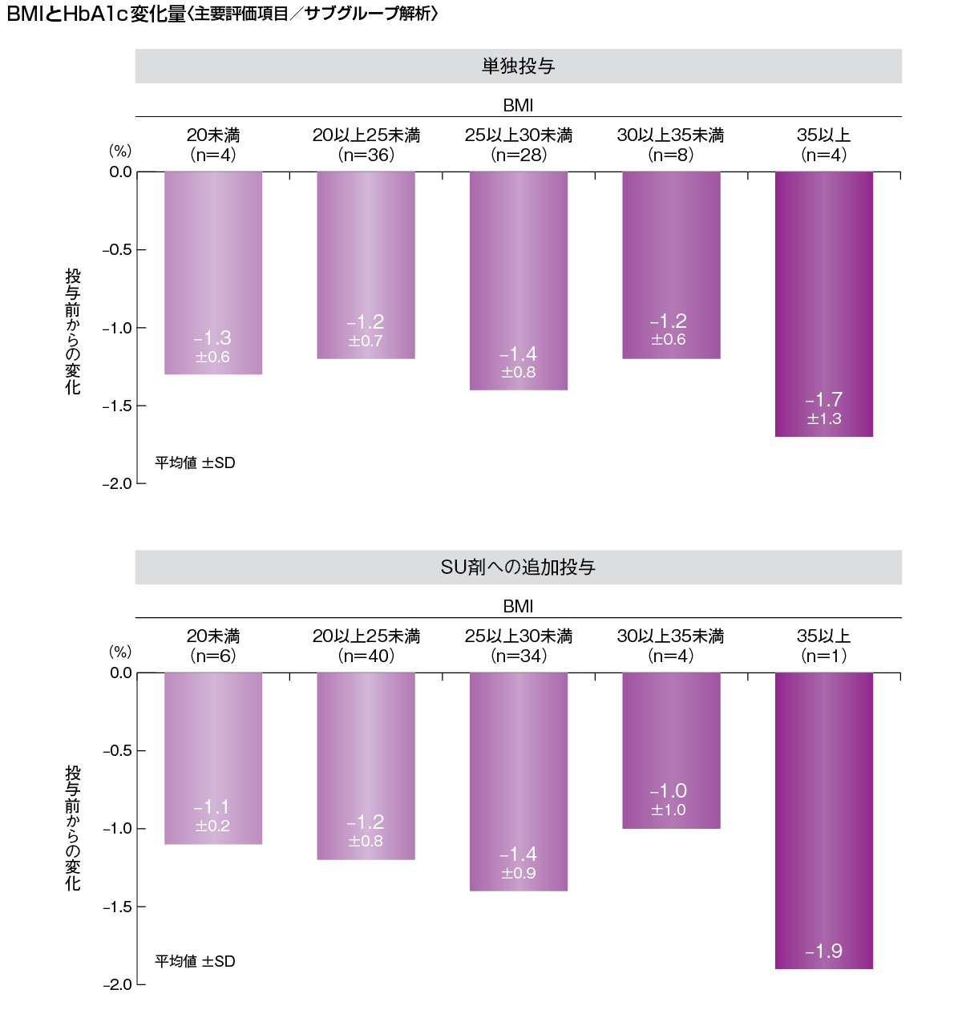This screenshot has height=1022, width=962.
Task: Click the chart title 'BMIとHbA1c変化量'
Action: click(x=96, y=14)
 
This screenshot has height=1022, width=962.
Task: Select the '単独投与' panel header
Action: click(x=518, y=67)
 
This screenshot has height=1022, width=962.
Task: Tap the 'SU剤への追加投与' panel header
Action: click(x=518, y=568)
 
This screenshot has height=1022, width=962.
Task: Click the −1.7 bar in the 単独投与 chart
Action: click(x=824, y=305)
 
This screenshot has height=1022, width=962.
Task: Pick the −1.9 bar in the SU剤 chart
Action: click(x=824, y=818)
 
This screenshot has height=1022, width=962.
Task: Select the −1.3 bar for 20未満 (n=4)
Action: click(x=213, y=273)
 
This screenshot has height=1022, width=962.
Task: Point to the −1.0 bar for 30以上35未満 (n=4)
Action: click(x=671, y=749)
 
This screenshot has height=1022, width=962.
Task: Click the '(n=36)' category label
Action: click(x=366, y=156)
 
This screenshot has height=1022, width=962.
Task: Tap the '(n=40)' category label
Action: click(x=366, y=656)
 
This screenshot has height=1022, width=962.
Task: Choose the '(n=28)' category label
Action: click(x=519, y=156)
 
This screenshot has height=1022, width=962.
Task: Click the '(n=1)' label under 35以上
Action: click(x=824, y=656)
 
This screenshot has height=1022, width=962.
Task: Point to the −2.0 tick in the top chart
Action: click(x=117, y=484)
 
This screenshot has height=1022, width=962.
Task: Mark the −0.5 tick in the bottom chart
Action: click(x=117, y=751)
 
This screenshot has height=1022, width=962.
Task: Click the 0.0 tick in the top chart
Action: click(x=121, y=172)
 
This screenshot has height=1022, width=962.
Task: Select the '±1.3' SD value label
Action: click(x=824, y=419)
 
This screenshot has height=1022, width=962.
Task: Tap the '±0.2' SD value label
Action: click(x=212, y=826)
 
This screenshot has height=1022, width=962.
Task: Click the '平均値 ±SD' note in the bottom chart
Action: click(x=195, y=961)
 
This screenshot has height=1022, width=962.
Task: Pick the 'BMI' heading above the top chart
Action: click(x=518, y=106)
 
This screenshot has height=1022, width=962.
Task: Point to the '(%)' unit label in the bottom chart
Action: click(x=120, y=652)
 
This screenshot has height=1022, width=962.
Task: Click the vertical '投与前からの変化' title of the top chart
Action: click(x=73, y=331)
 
